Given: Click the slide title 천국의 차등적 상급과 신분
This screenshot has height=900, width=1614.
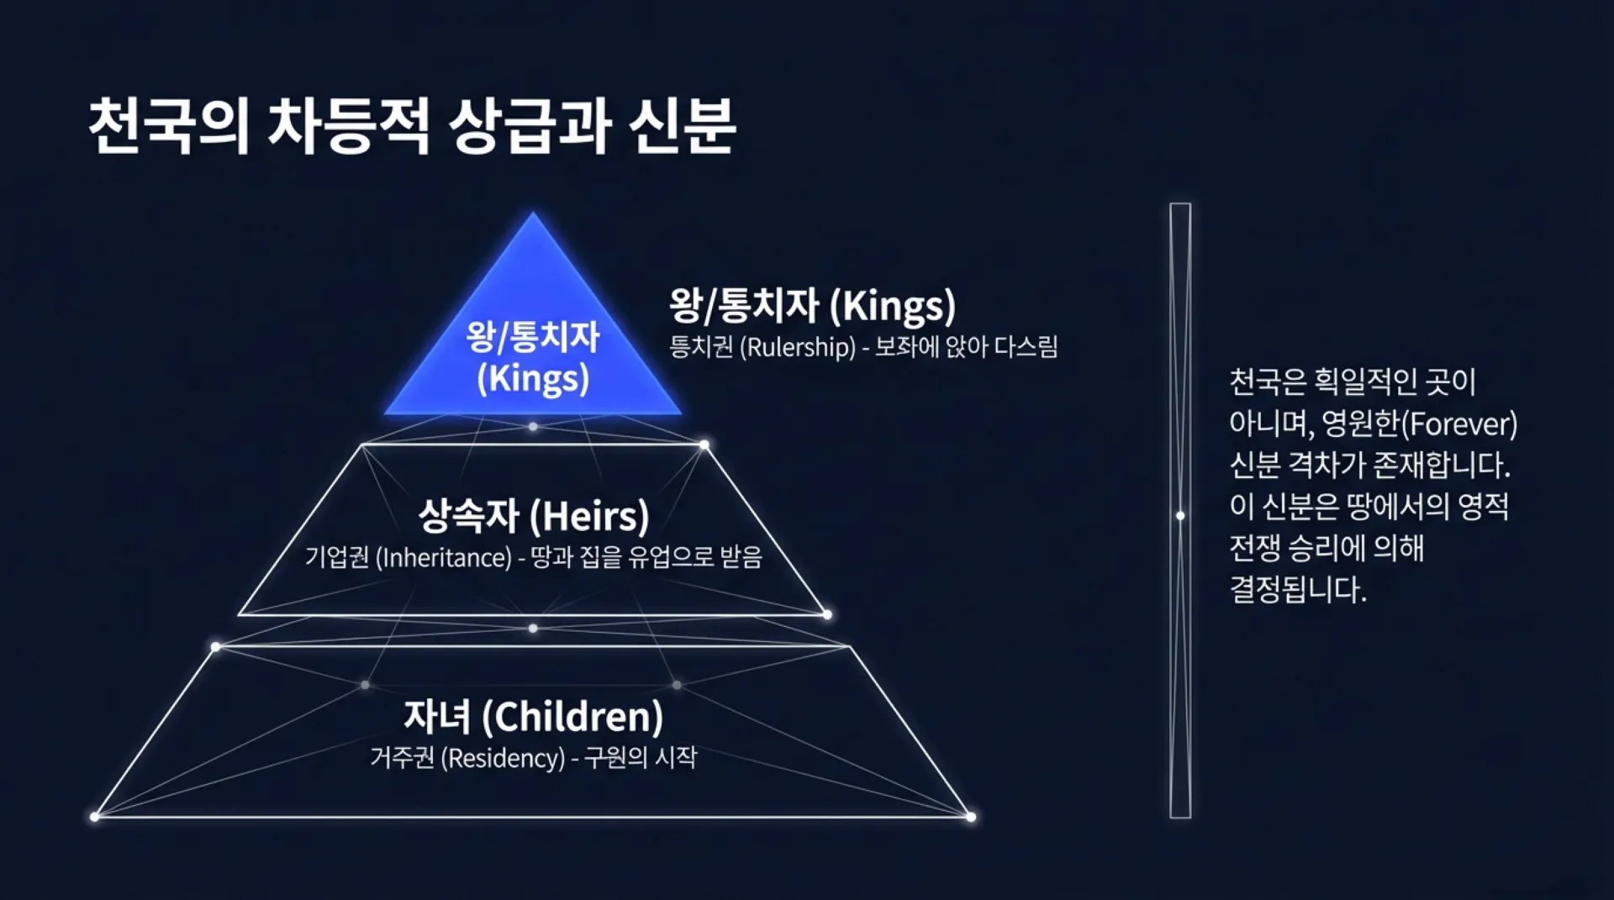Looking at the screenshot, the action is (x=412, y=126).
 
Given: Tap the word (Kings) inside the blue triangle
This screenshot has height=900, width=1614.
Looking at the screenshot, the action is (x=533, y=378).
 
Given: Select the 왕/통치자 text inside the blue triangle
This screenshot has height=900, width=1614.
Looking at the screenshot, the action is (x=533, y=337).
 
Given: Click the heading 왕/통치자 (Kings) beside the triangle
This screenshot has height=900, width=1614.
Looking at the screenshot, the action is (x=813, y=305).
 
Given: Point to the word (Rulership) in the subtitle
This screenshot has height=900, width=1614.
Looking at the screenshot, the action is (x=798, y=347).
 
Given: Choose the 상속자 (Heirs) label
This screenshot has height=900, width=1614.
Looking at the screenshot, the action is (x=534, y=516).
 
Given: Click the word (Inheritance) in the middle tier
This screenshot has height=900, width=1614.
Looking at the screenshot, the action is (x=443, y=557).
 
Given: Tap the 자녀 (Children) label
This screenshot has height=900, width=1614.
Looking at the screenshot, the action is (x=534, y=717).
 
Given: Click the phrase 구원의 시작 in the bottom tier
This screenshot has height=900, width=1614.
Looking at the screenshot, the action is (x=641, y=757).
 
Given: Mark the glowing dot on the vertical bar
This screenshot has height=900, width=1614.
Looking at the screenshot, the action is (x=1180, y=515).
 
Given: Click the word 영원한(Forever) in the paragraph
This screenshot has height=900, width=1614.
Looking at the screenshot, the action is (x=1420, y=424).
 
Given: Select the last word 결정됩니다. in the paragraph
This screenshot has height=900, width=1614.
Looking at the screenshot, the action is (x=1298, y=589).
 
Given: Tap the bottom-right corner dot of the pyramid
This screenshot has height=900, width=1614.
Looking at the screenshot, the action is (x=971, y=817).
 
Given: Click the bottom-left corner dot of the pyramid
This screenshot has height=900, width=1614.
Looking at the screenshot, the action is (x=94, y=817).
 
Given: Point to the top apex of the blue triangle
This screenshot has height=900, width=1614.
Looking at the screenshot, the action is (x=533, y=213).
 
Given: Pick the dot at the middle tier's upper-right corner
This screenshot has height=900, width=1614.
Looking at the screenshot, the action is (x=704, y=445).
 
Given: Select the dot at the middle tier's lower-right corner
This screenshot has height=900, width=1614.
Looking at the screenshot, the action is (x=827, y=615).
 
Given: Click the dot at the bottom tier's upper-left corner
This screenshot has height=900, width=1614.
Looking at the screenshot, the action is (x=216, y=647).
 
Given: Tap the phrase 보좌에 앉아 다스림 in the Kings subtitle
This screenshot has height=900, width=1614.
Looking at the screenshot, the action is (x=967, y=346).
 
